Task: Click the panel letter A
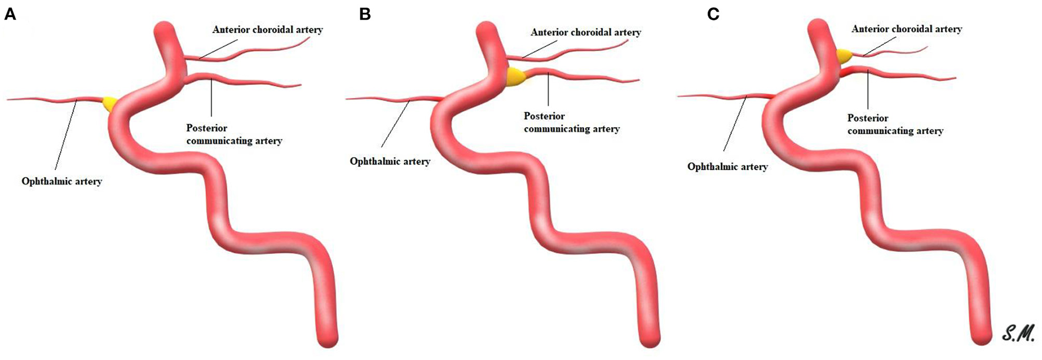click(10, 14)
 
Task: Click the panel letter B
click(365, 14)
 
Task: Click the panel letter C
click(713, 14)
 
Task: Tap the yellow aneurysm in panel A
click(109, 104)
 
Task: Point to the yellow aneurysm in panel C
click(844, 56)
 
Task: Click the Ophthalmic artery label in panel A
click(62, 181)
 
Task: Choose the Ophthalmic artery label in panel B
click(390, 161)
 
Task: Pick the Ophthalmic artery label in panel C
click(727, 166)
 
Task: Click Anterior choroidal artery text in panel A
click(268, 29)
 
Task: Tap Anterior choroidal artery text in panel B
click(586, 32)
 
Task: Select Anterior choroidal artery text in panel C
click(907, 29)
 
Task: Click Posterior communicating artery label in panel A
click(234, 134)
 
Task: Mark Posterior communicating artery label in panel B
click(572, 122)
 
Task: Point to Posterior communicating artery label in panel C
click(895, 124)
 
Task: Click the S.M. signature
click(1018, 333)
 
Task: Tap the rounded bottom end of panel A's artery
click(326, 340)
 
